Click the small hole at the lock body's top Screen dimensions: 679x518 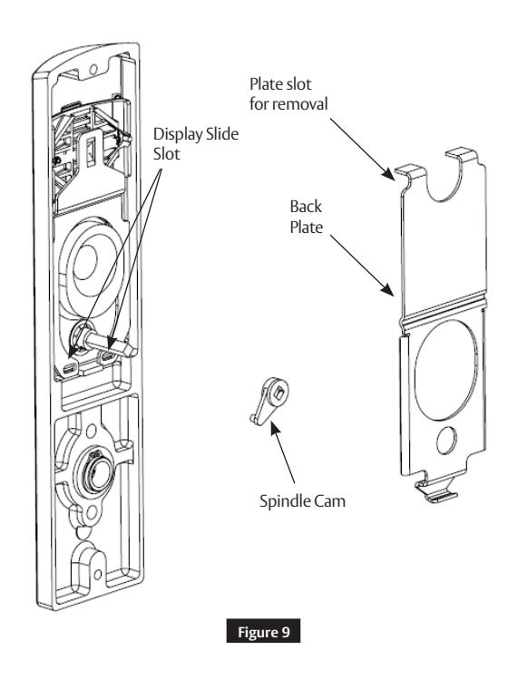coord(91,68)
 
